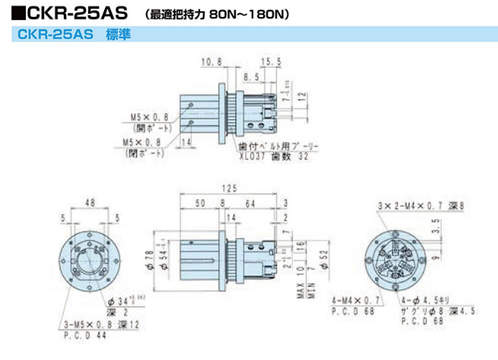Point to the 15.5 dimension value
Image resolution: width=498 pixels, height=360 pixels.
271,61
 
